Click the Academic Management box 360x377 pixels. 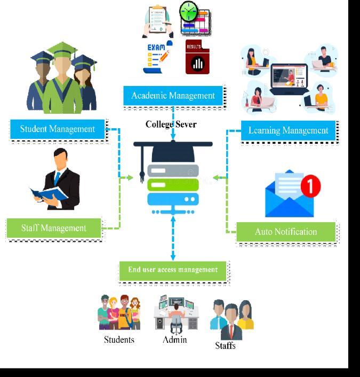pos(173,96)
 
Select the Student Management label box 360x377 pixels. pos(57,129)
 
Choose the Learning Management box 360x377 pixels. pos(288,130)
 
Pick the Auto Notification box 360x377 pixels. pos(285,232)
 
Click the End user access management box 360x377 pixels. pos(173,270)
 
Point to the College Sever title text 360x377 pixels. pos(171,124)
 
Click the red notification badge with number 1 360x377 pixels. pos(310,186)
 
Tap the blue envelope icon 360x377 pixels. pos(289,198)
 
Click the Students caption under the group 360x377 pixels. pos(119,340)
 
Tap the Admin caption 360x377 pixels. pos(175,339)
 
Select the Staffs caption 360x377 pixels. pos(225,345)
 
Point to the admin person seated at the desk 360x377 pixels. pos(176,315)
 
